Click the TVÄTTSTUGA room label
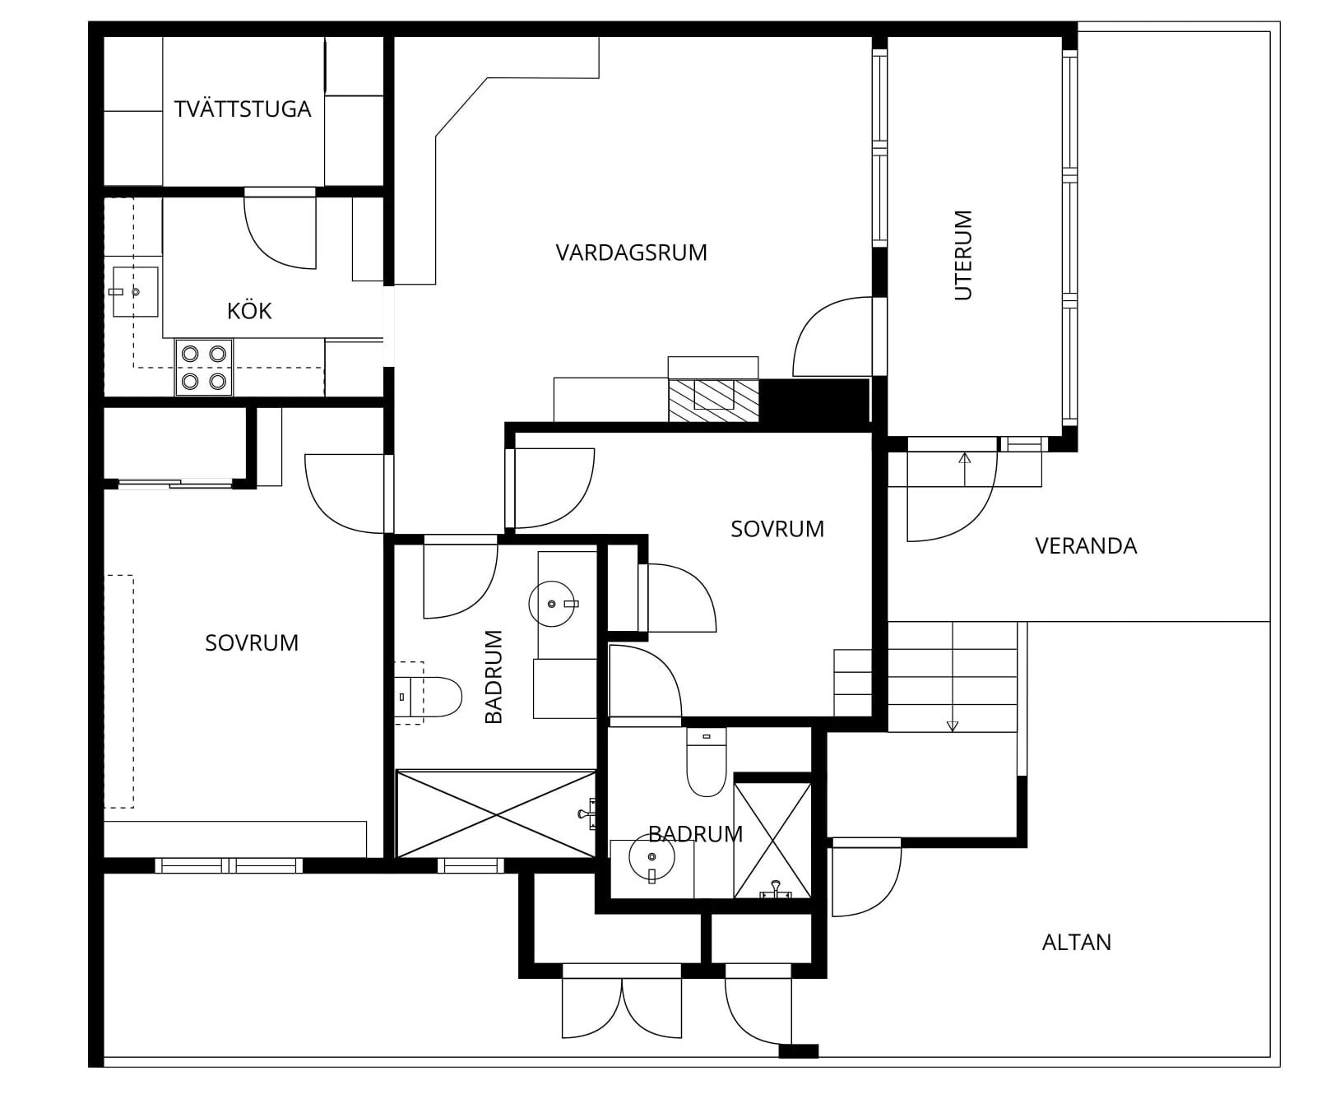(243, 109)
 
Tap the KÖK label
(249, 310)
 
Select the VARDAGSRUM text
(631, 253)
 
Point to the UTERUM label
(963, 255)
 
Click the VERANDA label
(1086, 546)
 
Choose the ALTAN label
(1076, 942)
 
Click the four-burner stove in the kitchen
(204, 367)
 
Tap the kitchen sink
(135, 291)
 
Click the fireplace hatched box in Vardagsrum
(713, 401)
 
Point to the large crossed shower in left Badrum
(496, 814)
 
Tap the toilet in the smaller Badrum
(707, 763)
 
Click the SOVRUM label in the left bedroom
(252, 642)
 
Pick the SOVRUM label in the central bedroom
(777, 529)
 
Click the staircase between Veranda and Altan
(953, 676)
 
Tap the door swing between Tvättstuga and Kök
(280, 232)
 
